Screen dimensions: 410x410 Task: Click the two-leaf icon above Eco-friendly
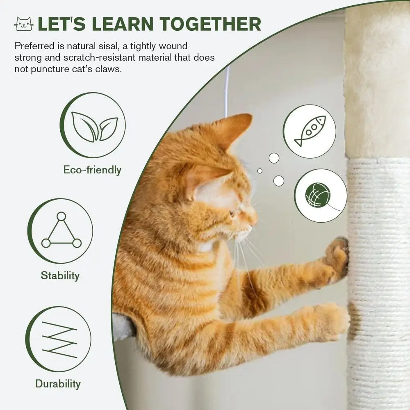tap(94, 126)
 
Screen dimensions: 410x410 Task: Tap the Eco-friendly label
tap(92, 170)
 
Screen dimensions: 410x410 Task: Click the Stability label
tap(60, 275)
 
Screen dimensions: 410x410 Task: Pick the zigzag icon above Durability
tap(59, 339)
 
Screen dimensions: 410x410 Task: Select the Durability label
tap(58, 384)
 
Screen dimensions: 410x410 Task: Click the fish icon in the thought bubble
tap(310, 131)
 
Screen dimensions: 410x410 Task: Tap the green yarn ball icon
tap(318, 195)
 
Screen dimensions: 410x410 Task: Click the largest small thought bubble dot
tap(279, 180)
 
